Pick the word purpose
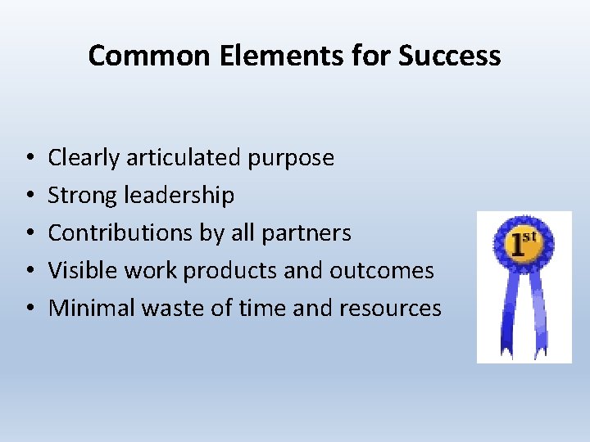pyautogui.click(x=296, y=159)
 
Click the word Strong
pyautogui.click(x=82, y=196)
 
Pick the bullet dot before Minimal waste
pyautogui.click(x=29, y=309)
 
